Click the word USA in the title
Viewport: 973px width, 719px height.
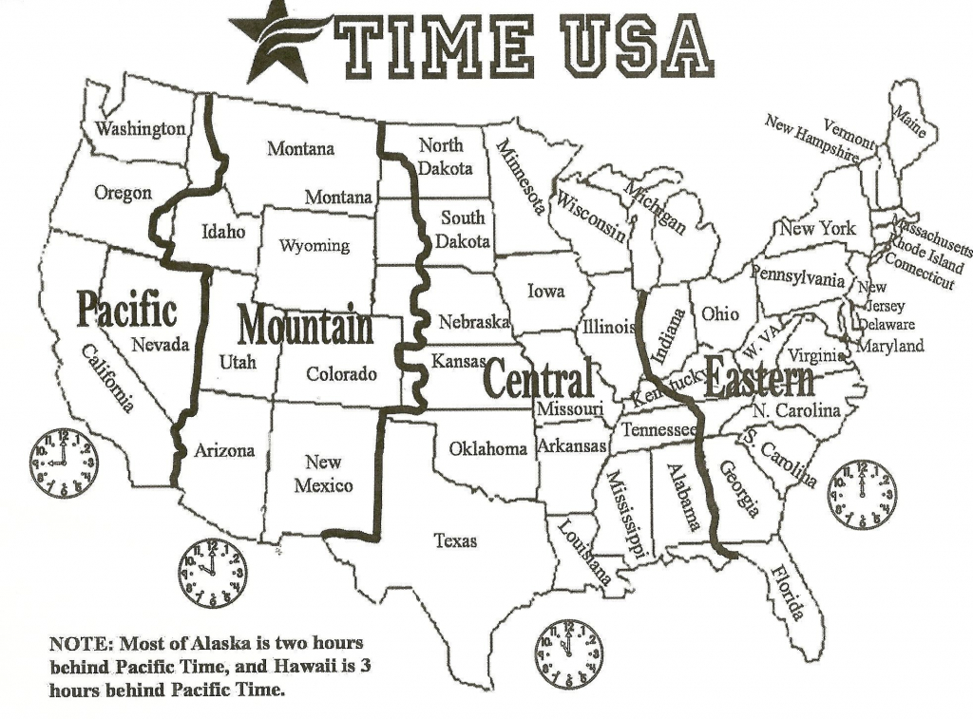[x=632, y=47]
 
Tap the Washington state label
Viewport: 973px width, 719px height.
[x=141, y=128]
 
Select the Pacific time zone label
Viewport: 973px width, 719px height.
[x=126, y=310]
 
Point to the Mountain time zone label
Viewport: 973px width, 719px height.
[x=305, y=326]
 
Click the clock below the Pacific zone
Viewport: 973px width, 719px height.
[x=63, y=463]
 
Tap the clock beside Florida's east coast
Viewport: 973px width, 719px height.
[x=861, y=495]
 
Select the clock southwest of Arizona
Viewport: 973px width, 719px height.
[x=211, y=573]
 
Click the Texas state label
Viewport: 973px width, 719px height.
[x=455, y=540]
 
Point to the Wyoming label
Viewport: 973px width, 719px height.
[x=314, y=246]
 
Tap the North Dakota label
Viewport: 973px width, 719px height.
[x=444, y=157]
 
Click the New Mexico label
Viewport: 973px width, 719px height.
[x=323, y=474]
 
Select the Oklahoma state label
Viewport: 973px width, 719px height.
[x=487, y=448]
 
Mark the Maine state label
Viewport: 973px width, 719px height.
[x=907, y=123]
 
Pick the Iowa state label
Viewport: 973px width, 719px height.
[x=545, y=291]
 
